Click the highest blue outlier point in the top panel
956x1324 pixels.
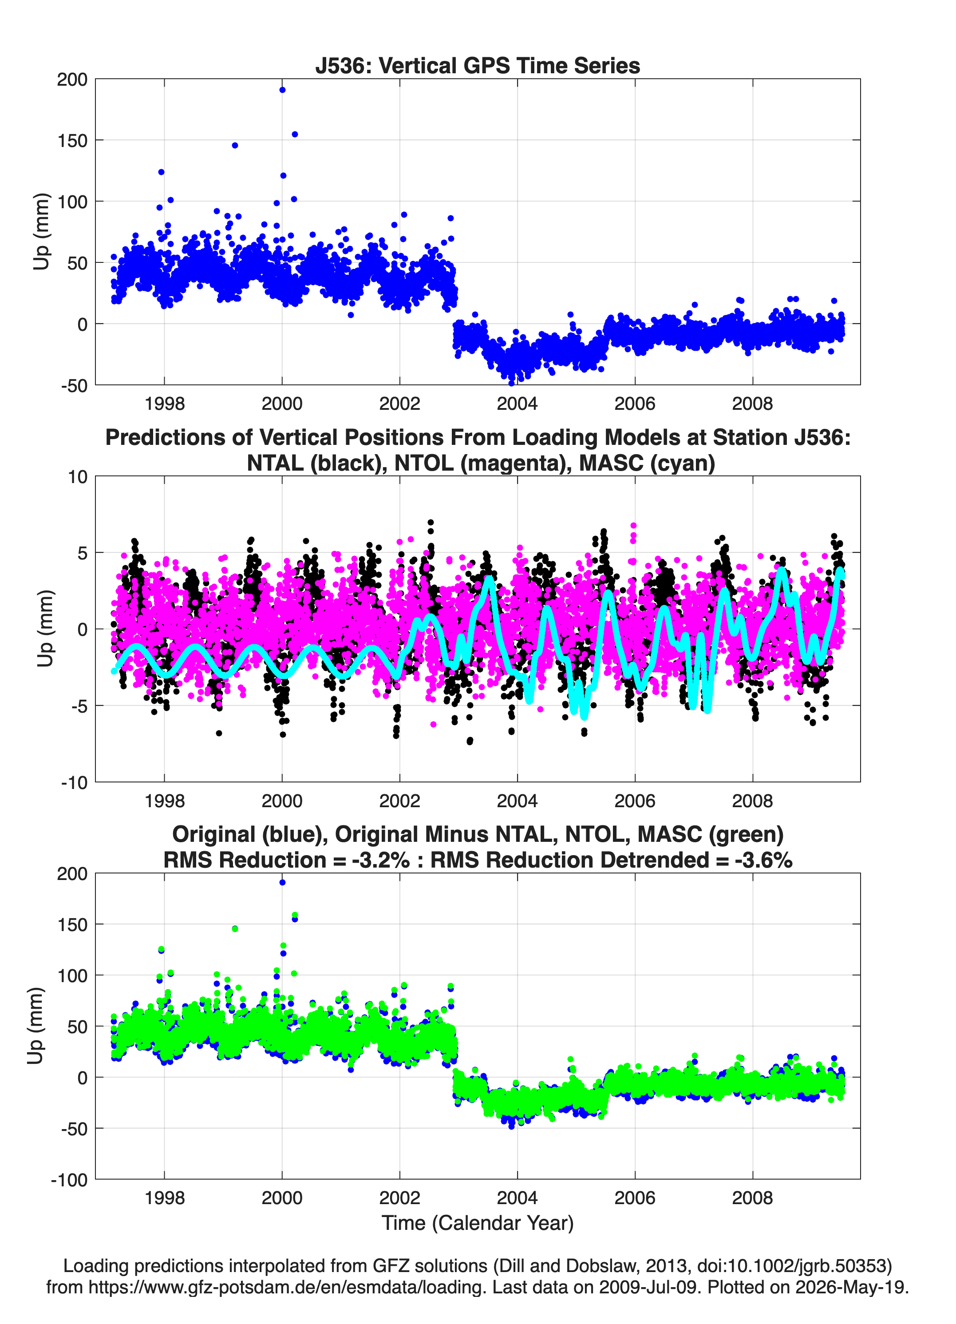tap(282, 90)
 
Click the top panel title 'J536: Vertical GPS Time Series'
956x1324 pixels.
tap(478, 65)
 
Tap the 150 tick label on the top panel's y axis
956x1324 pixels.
tap(72, 141)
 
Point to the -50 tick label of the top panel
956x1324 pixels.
tap(74, 385)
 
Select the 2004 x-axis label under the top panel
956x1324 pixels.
tap(517, 404)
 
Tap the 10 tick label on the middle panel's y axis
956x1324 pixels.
tap(78, 477)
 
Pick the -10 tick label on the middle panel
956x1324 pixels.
tap(74, 782)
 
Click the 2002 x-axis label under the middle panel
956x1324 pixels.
tap(400, 801)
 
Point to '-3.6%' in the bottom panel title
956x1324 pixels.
tap(763, 860)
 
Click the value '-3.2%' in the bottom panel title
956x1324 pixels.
tap(380, 860)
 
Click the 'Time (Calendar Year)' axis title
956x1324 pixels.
tap(478, 1222)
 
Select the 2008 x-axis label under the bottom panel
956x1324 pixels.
tap(752, 1198)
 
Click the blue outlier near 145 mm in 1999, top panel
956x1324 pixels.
tap(235, 145)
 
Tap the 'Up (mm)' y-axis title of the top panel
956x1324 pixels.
tap(41, 232)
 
